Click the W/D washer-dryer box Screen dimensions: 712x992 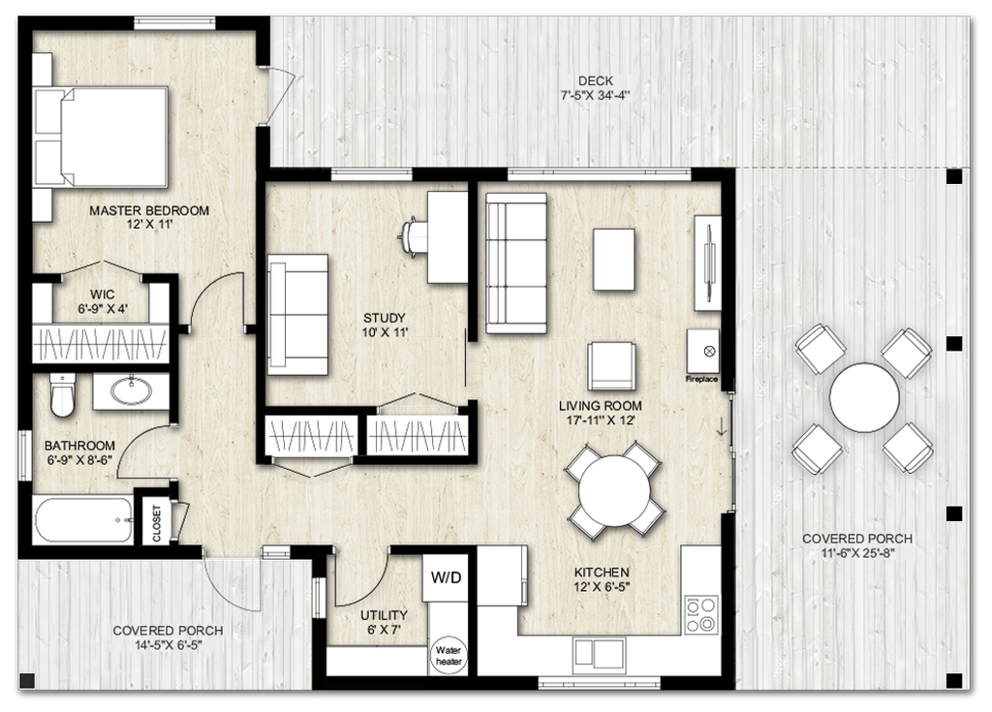pos(446,578)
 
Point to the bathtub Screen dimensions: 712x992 pos(83,520)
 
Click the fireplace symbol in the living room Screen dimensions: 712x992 pos(703,351)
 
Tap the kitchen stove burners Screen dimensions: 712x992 pos(701,614)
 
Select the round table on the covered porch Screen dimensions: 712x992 pos(863,397)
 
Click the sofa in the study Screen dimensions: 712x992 pos(297,316)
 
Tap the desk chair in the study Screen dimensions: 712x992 pos(413,235)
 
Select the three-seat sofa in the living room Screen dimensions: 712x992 pos(515,262)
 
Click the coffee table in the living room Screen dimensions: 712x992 pos(614,259)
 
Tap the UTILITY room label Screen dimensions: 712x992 pos(384,614)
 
